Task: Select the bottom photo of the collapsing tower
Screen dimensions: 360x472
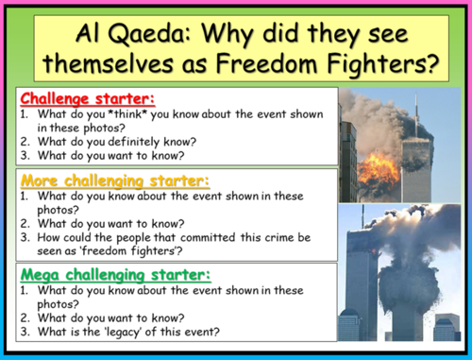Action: (x=396, y=274)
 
